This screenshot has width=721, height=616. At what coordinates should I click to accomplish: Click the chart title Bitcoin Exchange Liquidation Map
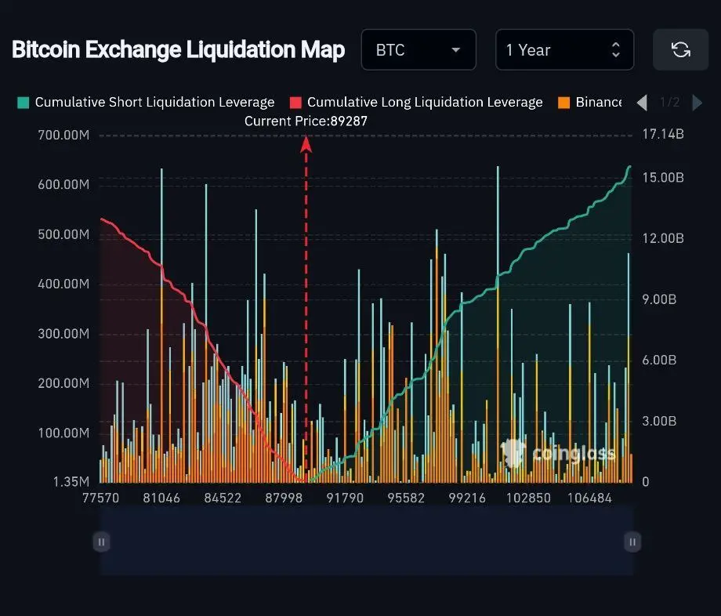(x=178, y=50)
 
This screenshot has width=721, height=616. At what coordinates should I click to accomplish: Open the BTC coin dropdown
(x=418, y=50)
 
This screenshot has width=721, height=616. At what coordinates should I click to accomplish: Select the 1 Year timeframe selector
(x=563, y=50)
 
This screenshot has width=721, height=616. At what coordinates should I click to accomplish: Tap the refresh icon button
(x=680, y=50)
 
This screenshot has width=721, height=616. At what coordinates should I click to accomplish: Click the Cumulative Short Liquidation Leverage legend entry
(x=147, y=102)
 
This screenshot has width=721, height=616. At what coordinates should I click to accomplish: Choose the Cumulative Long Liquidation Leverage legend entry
(x=416, y=102)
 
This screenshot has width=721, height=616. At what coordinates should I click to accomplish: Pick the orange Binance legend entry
(x=592, y=102)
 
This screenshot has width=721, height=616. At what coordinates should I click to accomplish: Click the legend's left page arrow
(x=642, y=102)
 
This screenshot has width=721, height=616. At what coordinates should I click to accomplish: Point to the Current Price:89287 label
(x=306, y=121)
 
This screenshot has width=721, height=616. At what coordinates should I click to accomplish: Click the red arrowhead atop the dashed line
(x=306, y=143)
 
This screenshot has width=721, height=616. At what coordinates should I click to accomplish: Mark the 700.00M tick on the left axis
(x=63, y=135)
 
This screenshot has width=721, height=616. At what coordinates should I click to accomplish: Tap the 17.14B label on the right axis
(x=663, y=135)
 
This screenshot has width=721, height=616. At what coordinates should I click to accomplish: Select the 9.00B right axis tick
(x=659, y=299)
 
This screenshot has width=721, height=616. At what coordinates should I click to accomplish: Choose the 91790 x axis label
(x=345, y=498)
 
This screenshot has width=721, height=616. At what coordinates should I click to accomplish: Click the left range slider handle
(x=100, y=542)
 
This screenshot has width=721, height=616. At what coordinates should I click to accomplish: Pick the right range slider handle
(x=632, y=542)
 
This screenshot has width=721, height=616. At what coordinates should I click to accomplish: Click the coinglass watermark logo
(x=558, y=453)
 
